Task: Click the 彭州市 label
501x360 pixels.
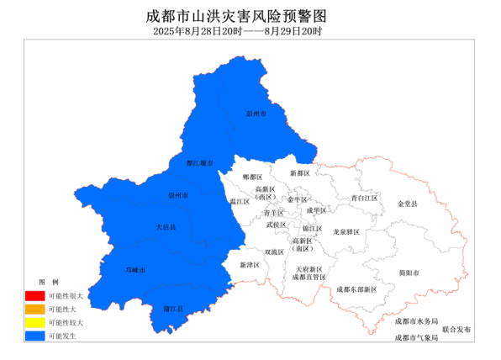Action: (256, 113)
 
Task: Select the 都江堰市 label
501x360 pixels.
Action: (199, 162)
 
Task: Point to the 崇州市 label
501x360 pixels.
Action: (178, 195)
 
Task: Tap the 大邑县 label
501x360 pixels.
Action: (166, 227)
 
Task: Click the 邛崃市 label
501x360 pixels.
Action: (135, 270)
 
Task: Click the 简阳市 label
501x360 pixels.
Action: (410, 273)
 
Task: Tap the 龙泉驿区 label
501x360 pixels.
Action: (346, 231)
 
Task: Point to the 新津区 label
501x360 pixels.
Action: (250, 265)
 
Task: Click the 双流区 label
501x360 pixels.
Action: (275, 251)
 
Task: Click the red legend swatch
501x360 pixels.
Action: (34, 296)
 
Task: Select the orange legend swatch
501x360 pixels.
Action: (34, 310)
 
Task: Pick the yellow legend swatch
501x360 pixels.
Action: (34, 323)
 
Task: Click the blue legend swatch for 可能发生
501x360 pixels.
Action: (34, 336)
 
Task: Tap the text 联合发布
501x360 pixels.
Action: (458, 329)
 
